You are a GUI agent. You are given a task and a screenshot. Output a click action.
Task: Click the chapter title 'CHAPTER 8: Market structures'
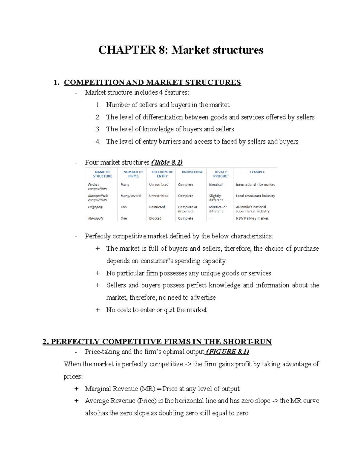point(181,50)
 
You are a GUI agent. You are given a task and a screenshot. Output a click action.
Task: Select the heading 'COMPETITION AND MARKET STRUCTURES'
point(152,82)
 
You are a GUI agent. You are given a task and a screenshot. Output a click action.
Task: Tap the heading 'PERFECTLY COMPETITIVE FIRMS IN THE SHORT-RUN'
point(157,342)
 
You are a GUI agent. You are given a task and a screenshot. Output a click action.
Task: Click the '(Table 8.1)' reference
point(167,162)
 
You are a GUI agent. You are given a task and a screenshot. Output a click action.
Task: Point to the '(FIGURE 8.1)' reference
point(227,352)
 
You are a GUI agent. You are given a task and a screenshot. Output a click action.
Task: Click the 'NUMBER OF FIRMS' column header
point(133,174)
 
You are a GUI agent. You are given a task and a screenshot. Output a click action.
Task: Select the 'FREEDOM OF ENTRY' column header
point(162,174)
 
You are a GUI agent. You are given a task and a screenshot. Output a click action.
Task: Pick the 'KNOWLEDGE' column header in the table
point(192,172)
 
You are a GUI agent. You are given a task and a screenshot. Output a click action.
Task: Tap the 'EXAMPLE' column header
point(257,172)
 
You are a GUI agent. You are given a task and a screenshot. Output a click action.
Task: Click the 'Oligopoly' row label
point(95,207)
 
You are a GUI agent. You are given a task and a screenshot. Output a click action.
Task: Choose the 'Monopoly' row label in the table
point(96,218)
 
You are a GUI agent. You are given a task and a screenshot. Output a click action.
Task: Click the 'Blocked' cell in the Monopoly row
point(155,218)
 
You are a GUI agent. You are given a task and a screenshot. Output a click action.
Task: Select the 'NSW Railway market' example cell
point(252,218)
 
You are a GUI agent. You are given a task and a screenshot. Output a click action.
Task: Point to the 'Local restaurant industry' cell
point(255,196)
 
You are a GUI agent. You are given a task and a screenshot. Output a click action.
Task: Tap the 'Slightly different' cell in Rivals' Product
point(216,198)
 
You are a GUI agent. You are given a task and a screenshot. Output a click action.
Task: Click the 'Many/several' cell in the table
point(131,196)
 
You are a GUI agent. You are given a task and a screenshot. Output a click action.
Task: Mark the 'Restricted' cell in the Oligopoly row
point(157,207)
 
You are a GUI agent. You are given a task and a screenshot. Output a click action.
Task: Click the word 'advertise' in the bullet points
point(203,297)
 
